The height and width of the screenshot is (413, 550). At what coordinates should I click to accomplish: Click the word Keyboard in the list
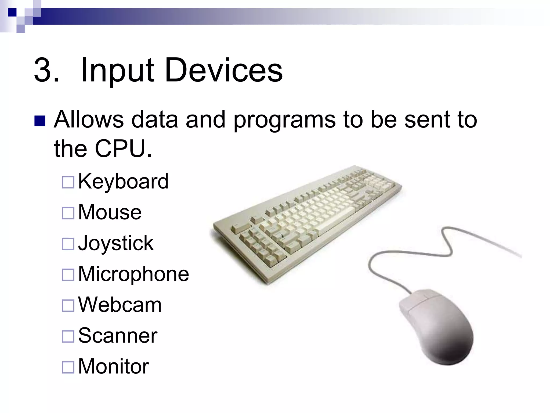click(x=123, y=182)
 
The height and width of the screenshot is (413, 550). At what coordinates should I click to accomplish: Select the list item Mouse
click(x=110, y=212)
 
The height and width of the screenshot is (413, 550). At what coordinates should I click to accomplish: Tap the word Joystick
click(x=115, y=243)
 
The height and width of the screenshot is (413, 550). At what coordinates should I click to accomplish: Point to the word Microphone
click(x=133, y=274)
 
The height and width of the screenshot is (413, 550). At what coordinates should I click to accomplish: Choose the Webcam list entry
click(x=120, y=305)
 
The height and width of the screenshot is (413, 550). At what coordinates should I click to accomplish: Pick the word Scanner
click(x=118, y=336)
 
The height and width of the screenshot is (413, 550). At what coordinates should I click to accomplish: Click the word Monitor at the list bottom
click(x=113, y=366)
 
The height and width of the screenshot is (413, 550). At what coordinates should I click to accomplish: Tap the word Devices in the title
click(x=223, y=70)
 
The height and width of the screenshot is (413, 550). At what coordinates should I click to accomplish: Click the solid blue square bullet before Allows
click(x=40, y=121)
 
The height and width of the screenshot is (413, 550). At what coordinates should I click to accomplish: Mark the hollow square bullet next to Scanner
click(x=68, y=336)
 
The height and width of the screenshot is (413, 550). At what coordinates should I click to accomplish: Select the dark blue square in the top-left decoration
click(x=12, y=12)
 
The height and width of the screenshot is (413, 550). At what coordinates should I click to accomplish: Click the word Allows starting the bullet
click(x=89, y=119)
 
